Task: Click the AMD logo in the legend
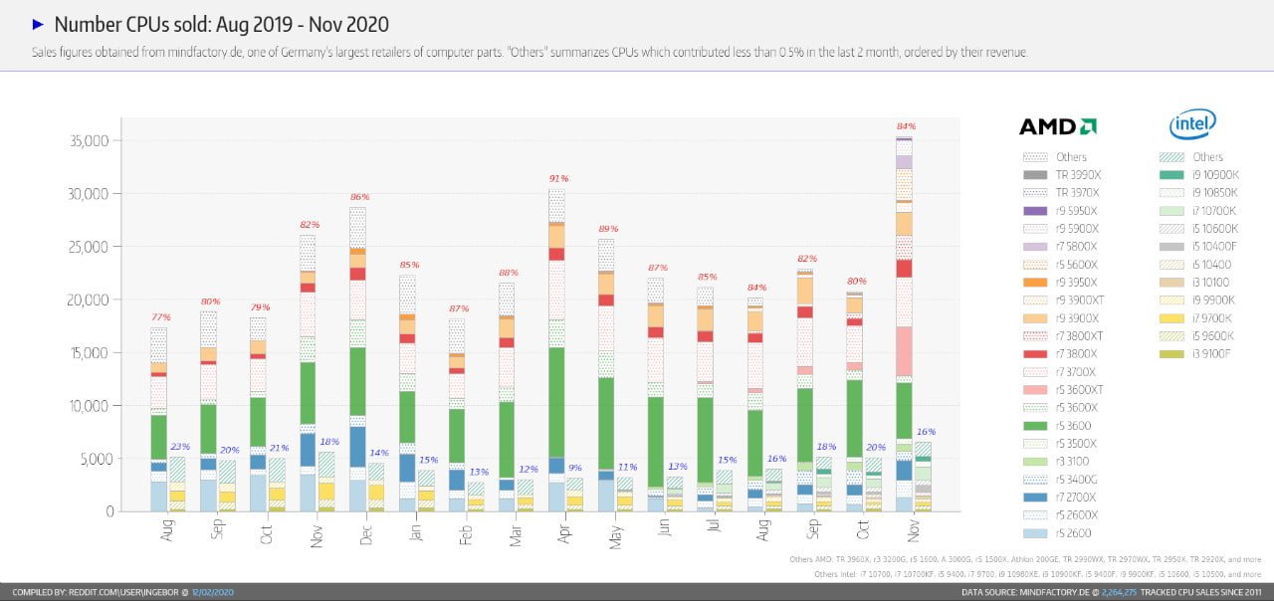coord(1058,126)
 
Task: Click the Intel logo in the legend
coord(1192,124)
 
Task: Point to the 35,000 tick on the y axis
coord(89,141)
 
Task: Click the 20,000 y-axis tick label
coord(89,300)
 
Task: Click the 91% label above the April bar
coord(557,179)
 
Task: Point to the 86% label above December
coord(360,197)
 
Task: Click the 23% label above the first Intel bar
coord(180,447)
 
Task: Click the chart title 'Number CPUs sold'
coord(221,24)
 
